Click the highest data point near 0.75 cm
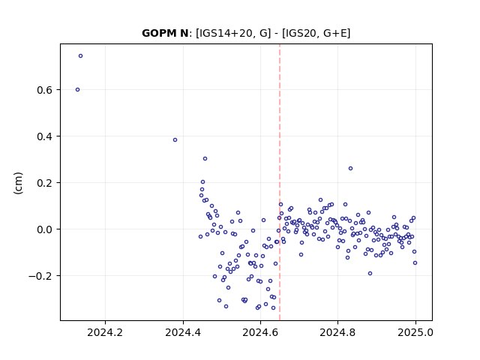pos(80,56)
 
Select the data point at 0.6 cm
pos(77,90)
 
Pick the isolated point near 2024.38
pos(175,140)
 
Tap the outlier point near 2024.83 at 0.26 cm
pos(350,168)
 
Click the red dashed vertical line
pos(280,182)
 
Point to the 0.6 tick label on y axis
pos(44,90)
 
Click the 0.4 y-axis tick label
pos(44,136)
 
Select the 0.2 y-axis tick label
pos(44,183)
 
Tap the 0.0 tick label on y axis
pos(44,229)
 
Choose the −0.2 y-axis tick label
pos(40,276)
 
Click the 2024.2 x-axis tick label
pos(105,332)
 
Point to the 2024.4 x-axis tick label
pos(183,332)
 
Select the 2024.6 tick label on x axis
pos(260,332)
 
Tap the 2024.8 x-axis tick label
pos(337,332)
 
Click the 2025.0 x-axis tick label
pos(415,332)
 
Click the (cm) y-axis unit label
pos(18,183)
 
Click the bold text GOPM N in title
pos(165,33)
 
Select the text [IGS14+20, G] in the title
pos(233,33)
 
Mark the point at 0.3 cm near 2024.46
pos(205,158)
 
